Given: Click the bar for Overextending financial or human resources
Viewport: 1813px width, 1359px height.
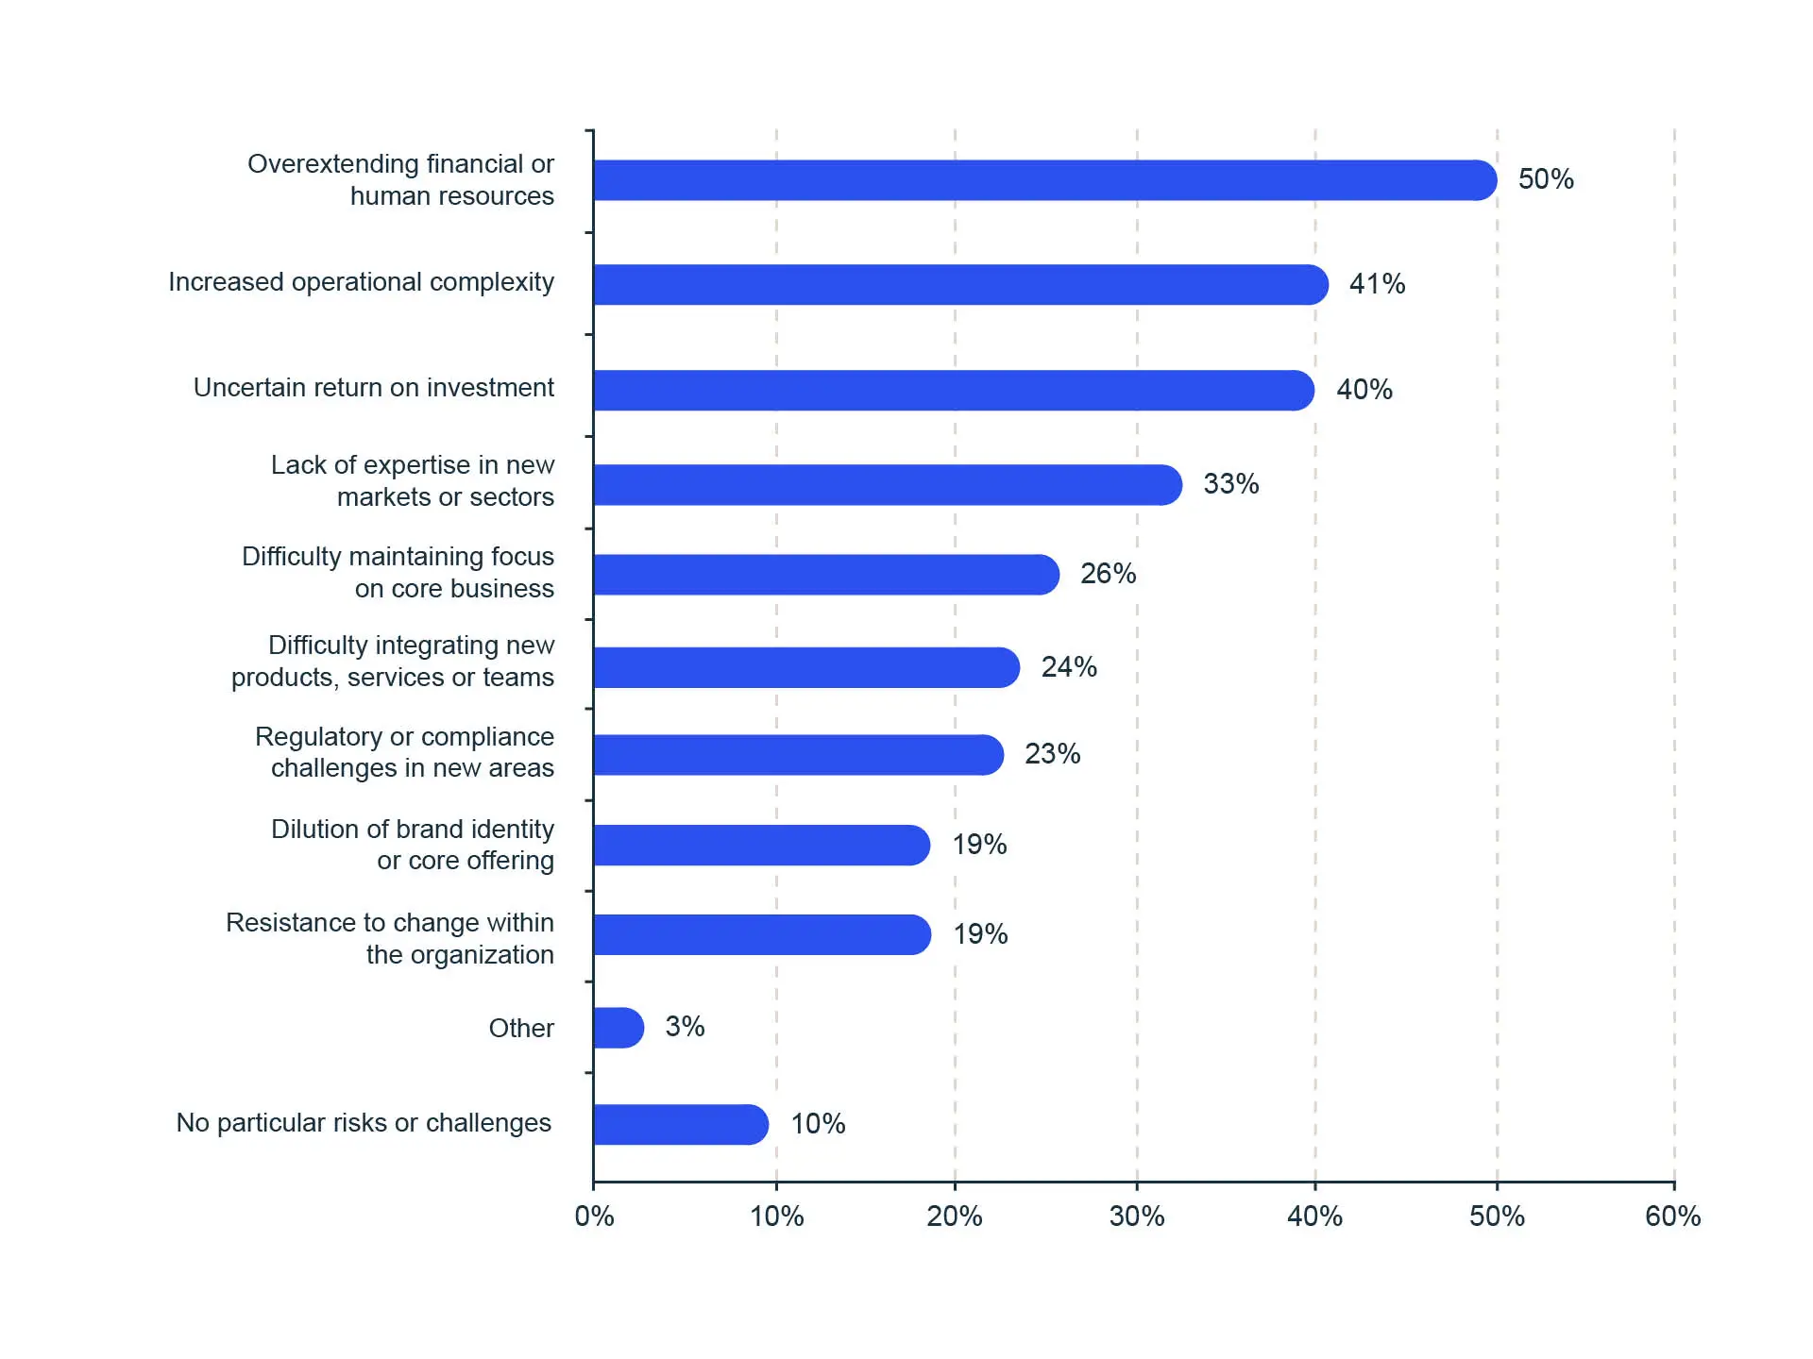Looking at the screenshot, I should pyautogui.click(x=1043, y=180).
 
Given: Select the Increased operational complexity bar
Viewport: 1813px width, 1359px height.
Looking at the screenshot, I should pyautogui.click(x=959, y=284).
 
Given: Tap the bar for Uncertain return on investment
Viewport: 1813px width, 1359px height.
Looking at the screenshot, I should pyautogui.click(x=953, y=390).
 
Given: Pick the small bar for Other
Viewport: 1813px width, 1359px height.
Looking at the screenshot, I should pyautogui.click(x=618, y=1028).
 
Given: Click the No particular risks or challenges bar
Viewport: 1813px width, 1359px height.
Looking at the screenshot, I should pyautogui.click(x=680, y=1124).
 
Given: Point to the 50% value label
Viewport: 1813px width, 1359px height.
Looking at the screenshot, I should pyautogui.click(x=1546, y=179).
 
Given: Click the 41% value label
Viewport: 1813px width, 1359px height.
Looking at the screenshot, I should pyautogui.click(x=1377, y=284).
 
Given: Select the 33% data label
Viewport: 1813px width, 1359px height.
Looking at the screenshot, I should pyautogui.click(x=1230, y=484).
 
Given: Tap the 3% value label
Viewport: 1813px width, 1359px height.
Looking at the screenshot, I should pyautogui.click(x=685, y=1027).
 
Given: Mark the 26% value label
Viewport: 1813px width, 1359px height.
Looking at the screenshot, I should pyautogui.click(x=1108, y=574).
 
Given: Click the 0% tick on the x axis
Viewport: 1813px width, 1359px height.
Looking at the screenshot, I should pyautogui.click(x=594, y=1216).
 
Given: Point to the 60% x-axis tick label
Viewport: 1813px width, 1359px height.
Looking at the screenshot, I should pyautogui.click(x=1672, y=1216).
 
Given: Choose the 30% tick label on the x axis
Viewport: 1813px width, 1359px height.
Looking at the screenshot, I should pyautogui.click(x=1137, y=1216).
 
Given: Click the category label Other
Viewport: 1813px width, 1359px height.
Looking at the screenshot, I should pyautogui.click(x=521, y=1028).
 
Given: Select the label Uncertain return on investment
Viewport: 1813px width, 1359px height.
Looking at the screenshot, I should pyautogui.click(x=373, y=388).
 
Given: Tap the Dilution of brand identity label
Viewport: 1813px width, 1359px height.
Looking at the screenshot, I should pyautogui.click(x=413, y=845).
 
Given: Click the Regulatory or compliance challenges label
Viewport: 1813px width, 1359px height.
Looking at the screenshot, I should pyautogui.click(x=405, y=752).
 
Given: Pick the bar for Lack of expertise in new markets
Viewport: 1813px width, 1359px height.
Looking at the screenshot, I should pyautogui.click(x=887, y=485).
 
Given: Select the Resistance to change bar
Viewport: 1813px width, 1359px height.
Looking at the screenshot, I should pyautogui.click(x=761, y=934).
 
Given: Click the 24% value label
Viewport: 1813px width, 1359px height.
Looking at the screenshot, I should pyautogui.click(x=1069, y=667).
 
